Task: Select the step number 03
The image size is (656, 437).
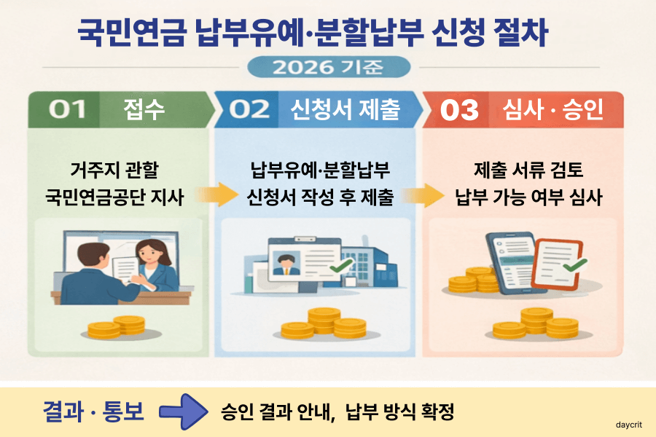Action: pyautogui.click(x=459, y=110)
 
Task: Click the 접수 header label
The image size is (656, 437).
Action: pyautogui.click(x=143, y=110)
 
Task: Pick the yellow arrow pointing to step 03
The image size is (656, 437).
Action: pyautogui.click(x=423, y=194)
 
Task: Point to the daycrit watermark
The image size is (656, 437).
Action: pyautogui.click(x=628, y=422)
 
